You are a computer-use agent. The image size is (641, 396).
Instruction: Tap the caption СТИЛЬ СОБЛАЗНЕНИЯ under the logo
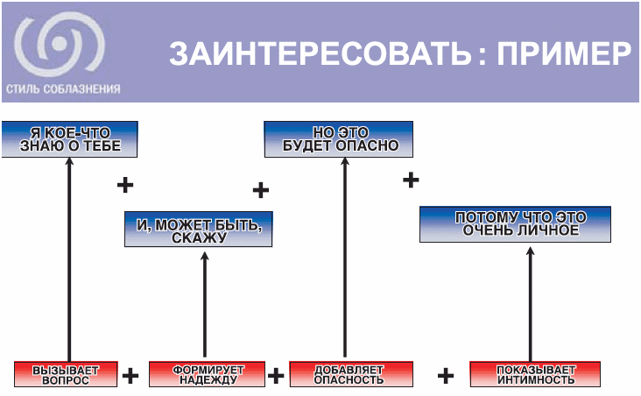pyautogui.click(x=62, y=88)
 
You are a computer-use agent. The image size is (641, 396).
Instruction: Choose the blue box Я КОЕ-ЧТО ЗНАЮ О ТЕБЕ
pyautogui.click(x=69, y=138)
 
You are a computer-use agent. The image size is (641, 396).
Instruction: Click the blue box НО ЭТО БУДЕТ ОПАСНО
pyautogui.click(x=340, y=138)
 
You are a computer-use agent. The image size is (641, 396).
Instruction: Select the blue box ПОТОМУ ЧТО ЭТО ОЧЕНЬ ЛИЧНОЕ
pyautogui.click(x=515, y=223)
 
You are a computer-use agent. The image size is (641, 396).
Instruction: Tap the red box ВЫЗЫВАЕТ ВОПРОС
pyautogui.click(x=67, y=374)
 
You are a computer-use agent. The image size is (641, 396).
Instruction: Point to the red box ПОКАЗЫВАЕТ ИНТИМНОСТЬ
pyautogui.click(x=534, y=374)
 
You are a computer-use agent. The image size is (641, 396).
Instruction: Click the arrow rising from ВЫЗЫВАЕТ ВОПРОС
pyautogui.click(x=67, y=254)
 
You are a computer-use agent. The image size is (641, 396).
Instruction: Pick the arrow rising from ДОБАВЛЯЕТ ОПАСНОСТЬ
pyautogui.click(x=344, y=254)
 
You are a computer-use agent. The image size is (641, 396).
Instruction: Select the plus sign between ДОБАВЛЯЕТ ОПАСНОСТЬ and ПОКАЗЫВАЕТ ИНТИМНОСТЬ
pyautogui.click(x=446, y=376)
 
